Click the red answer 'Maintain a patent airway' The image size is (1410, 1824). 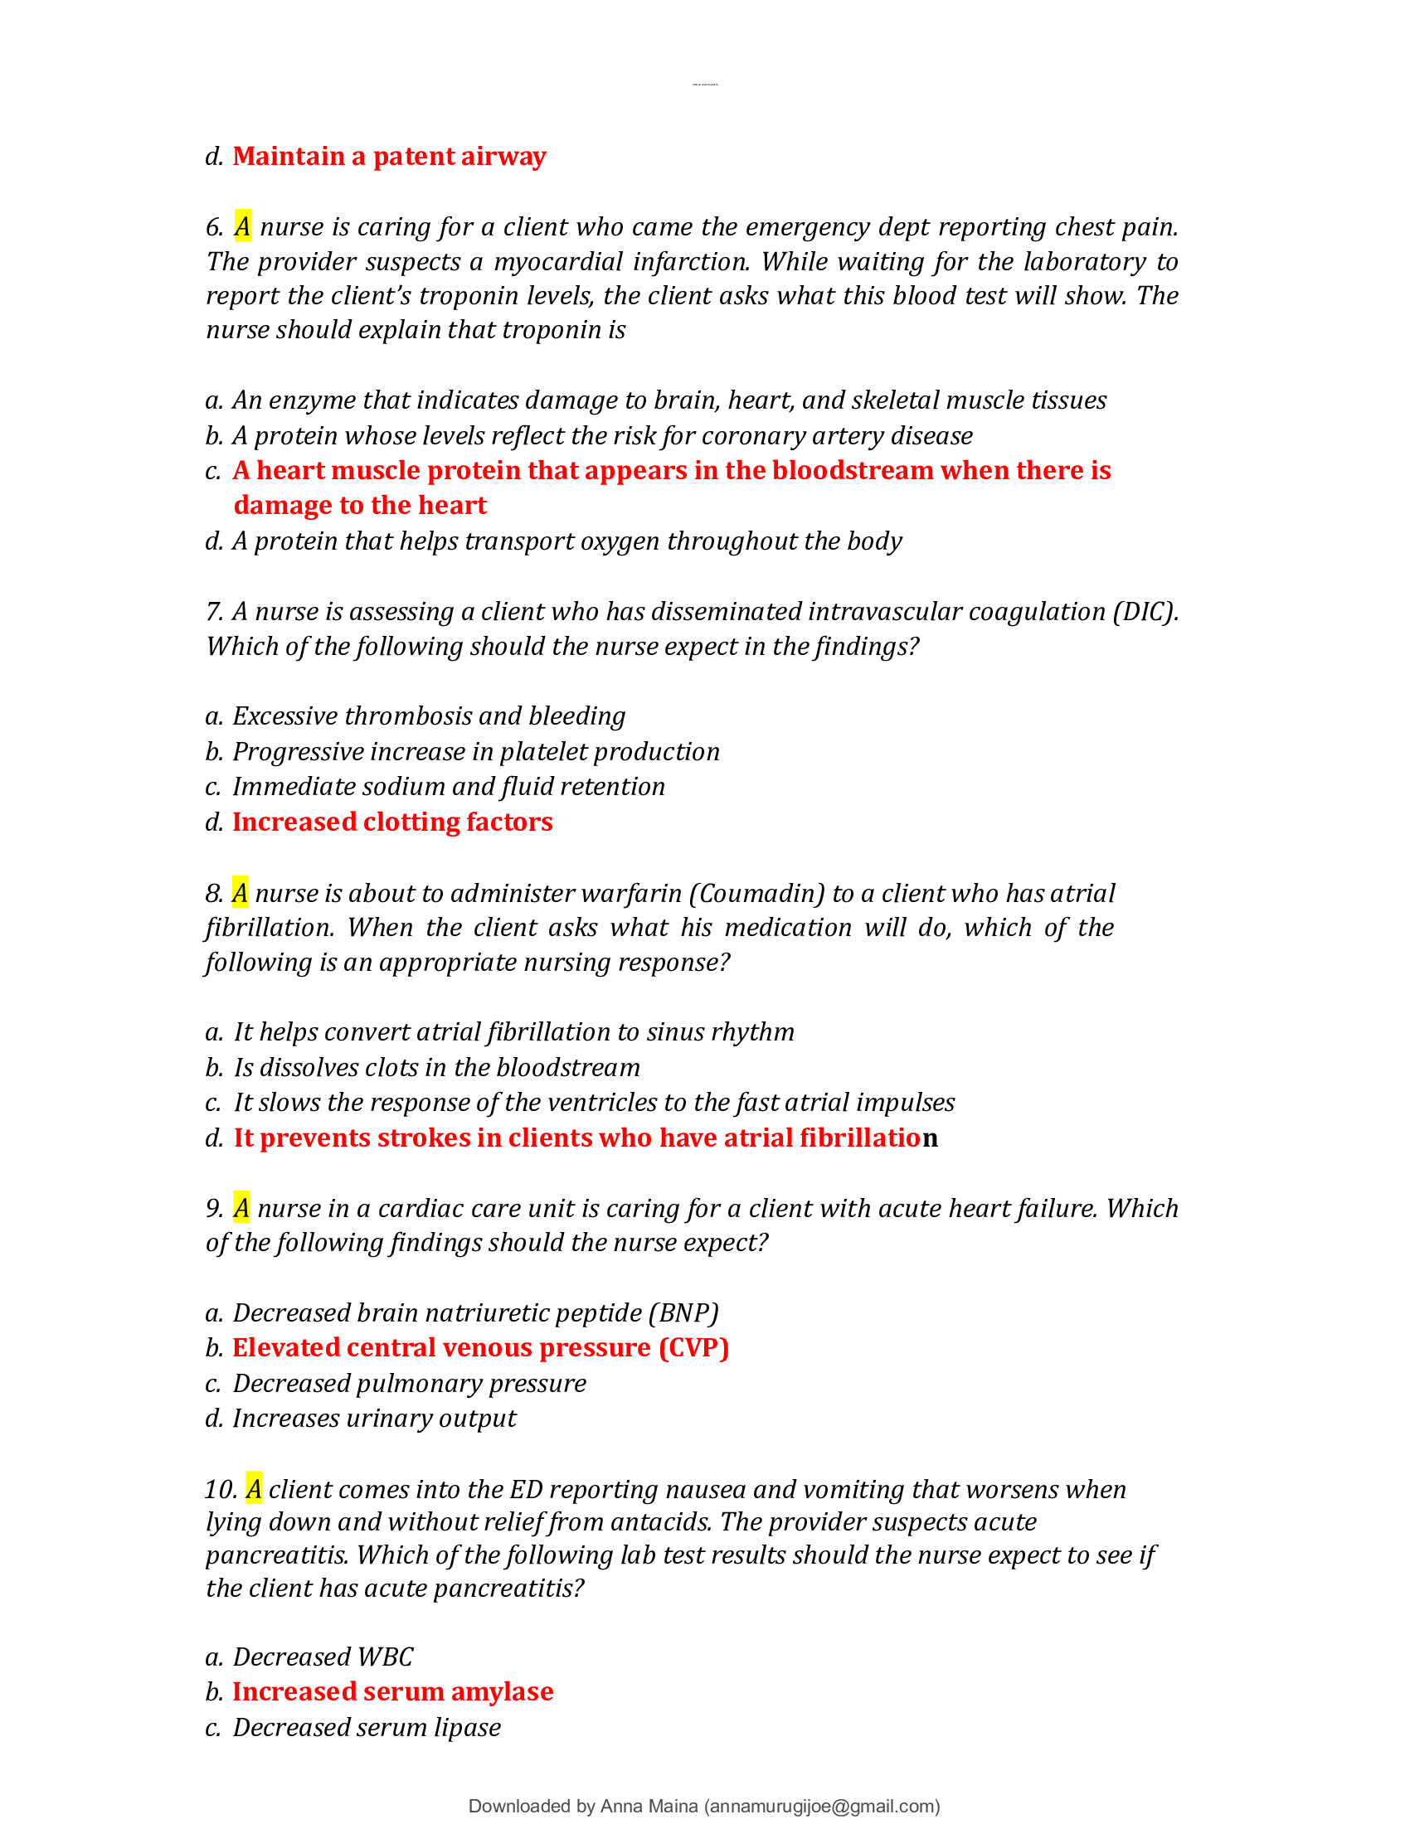coord(388,156)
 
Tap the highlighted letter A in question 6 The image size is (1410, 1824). coord(242,226)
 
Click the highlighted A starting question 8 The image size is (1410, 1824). coord(240,893)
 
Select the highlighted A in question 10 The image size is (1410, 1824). coord(254,1488)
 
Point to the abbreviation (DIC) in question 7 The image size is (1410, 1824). coord(1145,611)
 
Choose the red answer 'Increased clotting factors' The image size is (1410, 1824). coord(391,822)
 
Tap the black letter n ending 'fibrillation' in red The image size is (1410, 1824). coord(931,1138)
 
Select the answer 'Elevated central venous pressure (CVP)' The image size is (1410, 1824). coord(480,1347)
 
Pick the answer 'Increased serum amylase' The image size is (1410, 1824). coord(392,1691)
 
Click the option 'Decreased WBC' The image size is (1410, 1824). coord(323,1657)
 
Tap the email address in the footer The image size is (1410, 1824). coord(822,1806)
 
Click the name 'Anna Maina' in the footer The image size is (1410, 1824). coord(649,1806)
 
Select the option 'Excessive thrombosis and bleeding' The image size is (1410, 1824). coord(429,716)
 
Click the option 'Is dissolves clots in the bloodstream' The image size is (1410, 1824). coord(436,1067)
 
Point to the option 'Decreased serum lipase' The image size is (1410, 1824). coord(366,1726)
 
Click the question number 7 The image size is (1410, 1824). coord(214,612)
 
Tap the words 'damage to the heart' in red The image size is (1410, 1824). coord(360,505)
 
